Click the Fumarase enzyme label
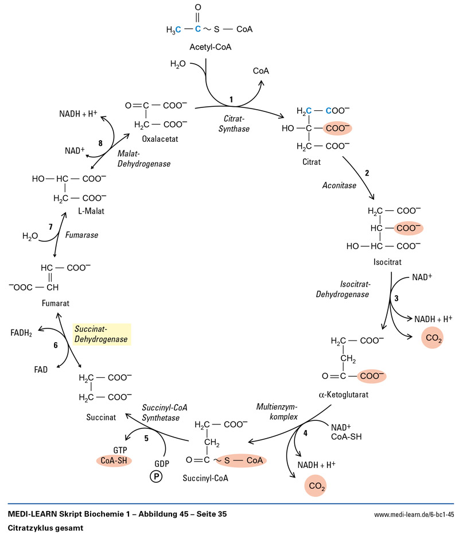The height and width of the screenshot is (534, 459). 81,235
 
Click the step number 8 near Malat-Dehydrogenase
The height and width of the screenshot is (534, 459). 100,142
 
